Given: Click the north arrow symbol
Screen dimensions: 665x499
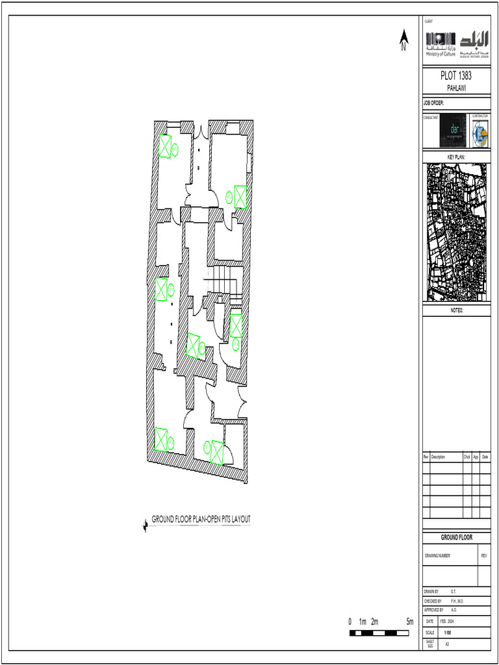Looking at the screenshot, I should [403, 40].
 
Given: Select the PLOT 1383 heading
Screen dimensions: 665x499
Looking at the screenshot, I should [455, 77].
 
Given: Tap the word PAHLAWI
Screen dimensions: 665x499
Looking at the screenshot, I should [455, 88].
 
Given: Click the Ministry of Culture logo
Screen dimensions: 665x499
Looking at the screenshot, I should [441, 44].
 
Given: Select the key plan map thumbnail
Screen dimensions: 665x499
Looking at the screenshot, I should [456, 232].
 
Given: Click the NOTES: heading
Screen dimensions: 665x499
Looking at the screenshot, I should [456, 311].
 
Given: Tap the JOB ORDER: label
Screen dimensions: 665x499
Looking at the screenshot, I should [433, 103].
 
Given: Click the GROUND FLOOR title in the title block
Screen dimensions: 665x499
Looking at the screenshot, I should [456, 537].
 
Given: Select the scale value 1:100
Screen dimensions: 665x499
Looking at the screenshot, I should [448, 633].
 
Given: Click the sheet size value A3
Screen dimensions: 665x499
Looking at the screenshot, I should [447, 644].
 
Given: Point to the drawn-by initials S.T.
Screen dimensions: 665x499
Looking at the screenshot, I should [453, 592].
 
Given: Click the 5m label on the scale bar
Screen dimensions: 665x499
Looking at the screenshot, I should [409, 621].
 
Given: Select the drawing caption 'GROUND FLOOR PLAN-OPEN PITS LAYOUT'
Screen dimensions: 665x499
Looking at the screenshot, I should [201, 519].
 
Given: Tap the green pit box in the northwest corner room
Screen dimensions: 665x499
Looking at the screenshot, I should [165, 146].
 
